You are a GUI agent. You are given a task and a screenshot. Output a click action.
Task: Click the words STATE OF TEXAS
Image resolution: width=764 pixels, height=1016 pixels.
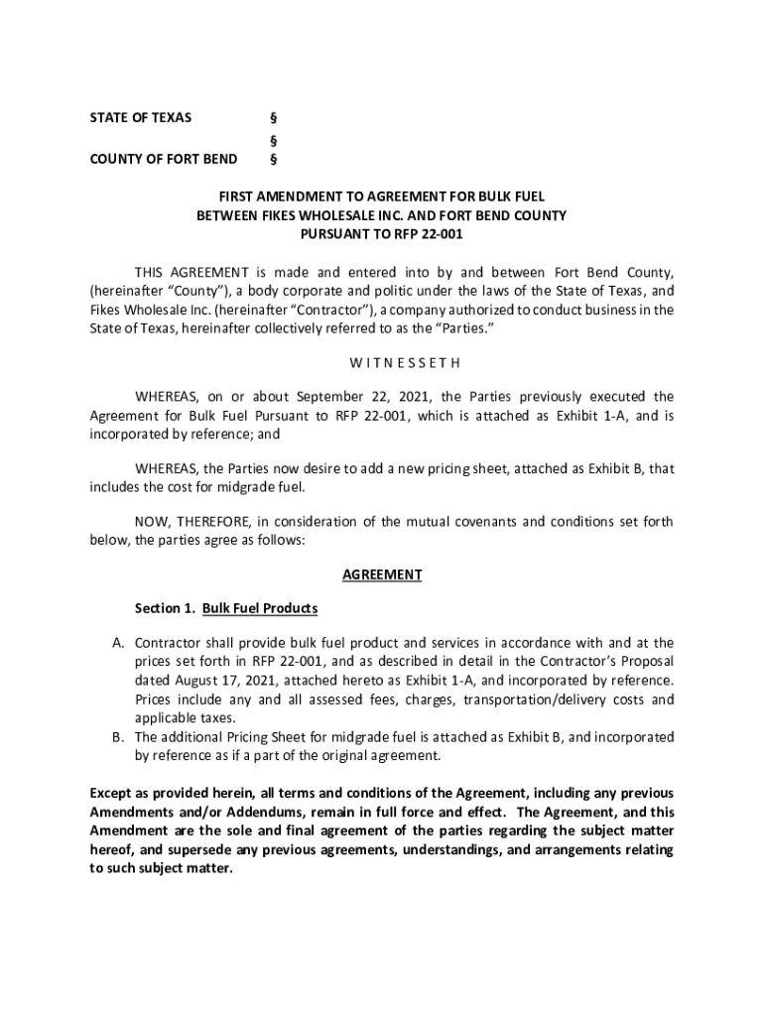click(140, 118)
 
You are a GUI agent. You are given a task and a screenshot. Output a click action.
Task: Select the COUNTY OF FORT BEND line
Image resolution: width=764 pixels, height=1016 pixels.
click(164, 159)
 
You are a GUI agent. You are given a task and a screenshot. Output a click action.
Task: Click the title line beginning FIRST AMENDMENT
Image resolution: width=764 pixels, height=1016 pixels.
click(382, 196)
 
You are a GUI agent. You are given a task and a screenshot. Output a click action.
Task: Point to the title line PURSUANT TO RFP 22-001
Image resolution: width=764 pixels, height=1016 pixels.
click(382, 234)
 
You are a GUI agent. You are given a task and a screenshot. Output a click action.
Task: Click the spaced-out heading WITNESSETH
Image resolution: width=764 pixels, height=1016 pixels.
click(382, 362)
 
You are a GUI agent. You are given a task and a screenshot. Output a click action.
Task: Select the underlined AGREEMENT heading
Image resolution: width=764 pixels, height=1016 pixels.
click(382, 574)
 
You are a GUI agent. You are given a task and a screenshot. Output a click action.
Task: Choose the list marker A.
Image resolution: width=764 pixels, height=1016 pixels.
click(116, 643)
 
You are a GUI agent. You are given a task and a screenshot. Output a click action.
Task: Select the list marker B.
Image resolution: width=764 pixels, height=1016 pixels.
click(116, 737)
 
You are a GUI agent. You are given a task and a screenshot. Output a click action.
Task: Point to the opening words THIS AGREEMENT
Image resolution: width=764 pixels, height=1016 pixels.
click(192, 272)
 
